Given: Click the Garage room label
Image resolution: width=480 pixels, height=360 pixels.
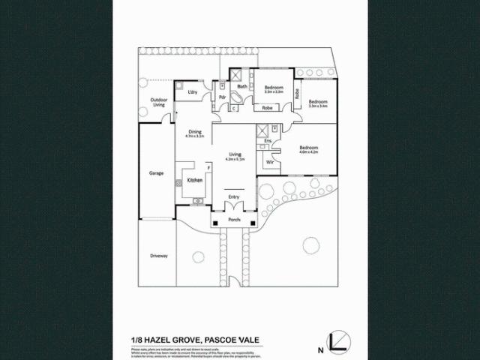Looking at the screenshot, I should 156,173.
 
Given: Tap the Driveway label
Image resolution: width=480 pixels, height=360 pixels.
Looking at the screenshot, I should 158,256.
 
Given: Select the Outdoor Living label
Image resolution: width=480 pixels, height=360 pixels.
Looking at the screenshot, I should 158,102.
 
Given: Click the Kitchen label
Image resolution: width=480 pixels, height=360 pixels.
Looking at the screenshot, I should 195,181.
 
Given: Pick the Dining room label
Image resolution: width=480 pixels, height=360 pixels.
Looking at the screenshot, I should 195,131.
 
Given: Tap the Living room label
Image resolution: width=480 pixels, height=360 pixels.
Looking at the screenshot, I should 235,154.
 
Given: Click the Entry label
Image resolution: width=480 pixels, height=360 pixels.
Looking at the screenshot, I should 234,196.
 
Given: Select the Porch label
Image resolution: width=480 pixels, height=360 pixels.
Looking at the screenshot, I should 234,220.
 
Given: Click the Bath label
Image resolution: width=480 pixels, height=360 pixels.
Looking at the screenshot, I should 242,87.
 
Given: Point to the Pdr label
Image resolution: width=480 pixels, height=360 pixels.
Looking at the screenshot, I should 223,96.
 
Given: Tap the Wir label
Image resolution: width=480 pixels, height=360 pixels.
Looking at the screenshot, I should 268,161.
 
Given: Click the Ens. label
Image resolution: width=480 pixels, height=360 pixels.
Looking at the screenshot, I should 268,140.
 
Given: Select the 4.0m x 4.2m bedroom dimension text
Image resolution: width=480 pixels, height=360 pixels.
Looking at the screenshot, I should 309,152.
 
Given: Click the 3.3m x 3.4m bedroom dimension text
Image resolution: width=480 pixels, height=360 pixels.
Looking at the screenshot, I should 318,106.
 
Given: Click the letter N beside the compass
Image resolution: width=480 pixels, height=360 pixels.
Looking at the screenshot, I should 320,349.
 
